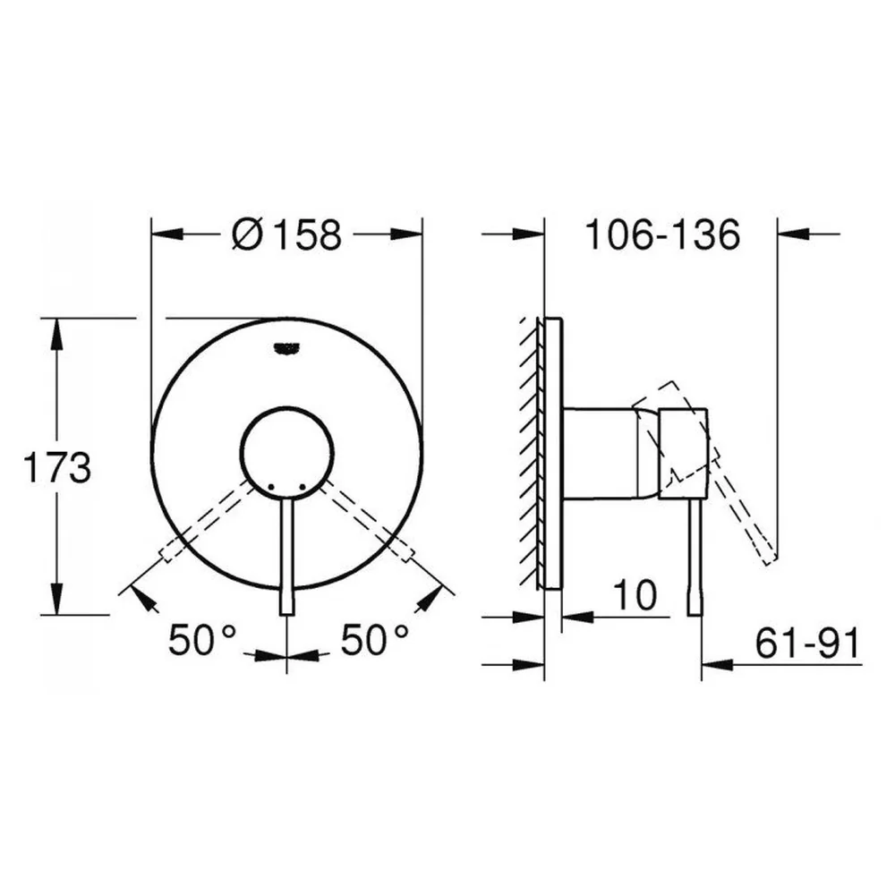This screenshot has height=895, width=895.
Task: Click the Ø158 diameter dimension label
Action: tap(286, 234)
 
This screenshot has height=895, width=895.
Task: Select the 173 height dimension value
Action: tap(56, 467)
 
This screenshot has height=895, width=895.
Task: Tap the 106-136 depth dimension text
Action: tap(662, 234)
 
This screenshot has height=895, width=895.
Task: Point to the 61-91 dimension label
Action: tap(807, 644)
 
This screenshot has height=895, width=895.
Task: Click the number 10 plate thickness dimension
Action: tap(635, 595)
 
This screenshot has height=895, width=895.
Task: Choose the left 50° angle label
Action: tap(202, 639)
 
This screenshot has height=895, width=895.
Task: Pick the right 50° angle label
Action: tap(375, 639)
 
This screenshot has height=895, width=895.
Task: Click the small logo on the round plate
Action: tap(287, 347)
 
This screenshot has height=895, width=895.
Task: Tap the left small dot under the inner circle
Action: tap(270, 487)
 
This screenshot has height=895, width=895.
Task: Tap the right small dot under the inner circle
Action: tap(303, 487)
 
